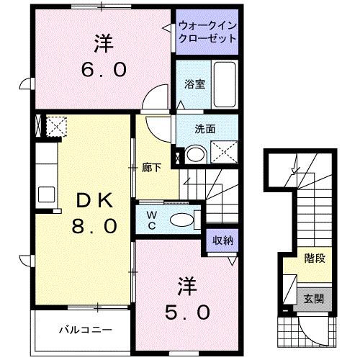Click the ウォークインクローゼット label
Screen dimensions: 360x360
point(207,32)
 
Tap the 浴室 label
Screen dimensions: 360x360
point(194,84)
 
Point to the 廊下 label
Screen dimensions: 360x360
point(150,168)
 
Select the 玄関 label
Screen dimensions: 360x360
point(312,297)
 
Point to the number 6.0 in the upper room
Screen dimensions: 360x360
point(104,70)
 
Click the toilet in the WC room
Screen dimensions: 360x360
point(184,219)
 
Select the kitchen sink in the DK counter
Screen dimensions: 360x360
point(45,194)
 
